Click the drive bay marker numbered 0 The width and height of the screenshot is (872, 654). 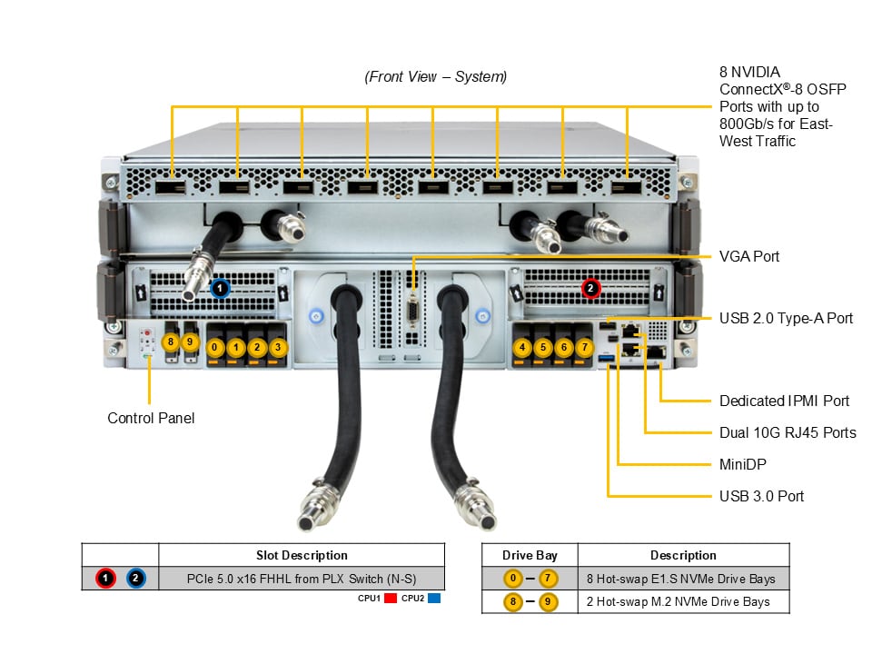pyautogui.click(x=214, y=347)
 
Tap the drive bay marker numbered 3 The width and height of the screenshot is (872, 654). pyautogui.click(x=278, y=347)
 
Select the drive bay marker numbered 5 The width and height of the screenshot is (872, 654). pyautogui.click(x=543, y=347)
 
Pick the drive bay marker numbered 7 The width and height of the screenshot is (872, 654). pyautogui.click(x=586, y=347)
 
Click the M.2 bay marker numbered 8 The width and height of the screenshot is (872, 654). pyautogui.click(x=169, y=342)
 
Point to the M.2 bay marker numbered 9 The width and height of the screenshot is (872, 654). pyautogui.click(x=190, y=342)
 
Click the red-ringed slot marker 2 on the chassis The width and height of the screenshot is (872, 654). pyautogui.click(x=590, y=289)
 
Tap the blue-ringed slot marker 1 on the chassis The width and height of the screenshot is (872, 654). pyautogui.click(x=219, y=288)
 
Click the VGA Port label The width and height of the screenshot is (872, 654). pyautogui.click(x=748, y=257)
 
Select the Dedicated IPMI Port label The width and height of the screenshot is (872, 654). pyautogui.click(x=784, y=401)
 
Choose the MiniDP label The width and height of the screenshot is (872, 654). pyautogui.click(x=742, y=464)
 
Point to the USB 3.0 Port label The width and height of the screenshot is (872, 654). pyautogui.click(x=761, y=496)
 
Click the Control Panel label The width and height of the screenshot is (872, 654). pyautogui.click(x=151, y=419)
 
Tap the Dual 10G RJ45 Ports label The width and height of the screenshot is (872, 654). pyautogui.click(x=788, y=432)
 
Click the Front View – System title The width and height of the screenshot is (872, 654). pyautogui.click(x=436, y=77)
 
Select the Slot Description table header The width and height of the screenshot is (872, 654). pyautogui.click(x=302, y=555)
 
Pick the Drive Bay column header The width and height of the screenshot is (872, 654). pyautogui.click(x=530, y=555)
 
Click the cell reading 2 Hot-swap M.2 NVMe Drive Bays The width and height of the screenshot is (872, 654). pyautogui.click(x=683, y=601)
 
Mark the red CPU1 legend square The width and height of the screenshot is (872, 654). pyautogui.click(x=391, y=599)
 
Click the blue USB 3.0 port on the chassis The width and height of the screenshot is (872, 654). pyautogui.click(x=607, y=365)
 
